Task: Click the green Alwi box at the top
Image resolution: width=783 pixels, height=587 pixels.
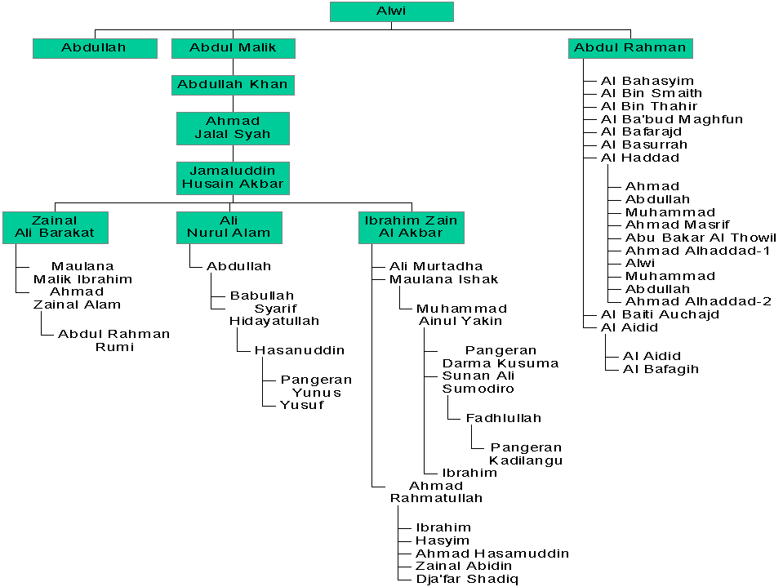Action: point(391,11)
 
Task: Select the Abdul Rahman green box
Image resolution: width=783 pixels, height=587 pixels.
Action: point(630,47)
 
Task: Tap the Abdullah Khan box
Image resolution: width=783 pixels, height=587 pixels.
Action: point(233,85)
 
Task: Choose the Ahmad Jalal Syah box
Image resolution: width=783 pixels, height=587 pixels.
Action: point(233,128)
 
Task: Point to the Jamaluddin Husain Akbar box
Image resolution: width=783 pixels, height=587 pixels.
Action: point(233,177)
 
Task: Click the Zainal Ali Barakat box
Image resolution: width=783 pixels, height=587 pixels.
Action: point(54,227)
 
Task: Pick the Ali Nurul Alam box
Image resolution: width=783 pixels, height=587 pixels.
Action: point(229,227)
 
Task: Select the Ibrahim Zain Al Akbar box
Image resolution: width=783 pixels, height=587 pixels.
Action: point(411,227)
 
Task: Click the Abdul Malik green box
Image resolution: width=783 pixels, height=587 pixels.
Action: point(233,47)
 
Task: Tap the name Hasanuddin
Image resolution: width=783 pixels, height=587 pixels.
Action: point(299,350)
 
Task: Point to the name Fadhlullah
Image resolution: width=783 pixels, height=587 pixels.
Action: point(503,418)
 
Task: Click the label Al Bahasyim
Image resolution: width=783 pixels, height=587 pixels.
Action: point(647,81)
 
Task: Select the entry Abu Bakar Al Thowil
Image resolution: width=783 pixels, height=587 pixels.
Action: point(701,238)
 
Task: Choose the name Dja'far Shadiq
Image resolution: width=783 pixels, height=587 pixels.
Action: point(465,579)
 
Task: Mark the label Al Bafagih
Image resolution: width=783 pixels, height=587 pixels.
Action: point(661,369)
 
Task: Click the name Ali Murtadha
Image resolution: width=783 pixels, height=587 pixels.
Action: point(435,266)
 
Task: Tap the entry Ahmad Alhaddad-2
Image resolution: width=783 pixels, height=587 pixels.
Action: point(698,301)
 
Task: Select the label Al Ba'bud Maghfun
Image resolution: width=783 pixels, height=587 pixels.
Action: point(671,119)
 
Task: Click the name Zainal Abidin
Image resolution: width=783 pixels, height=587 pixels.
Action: point(463,566)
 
